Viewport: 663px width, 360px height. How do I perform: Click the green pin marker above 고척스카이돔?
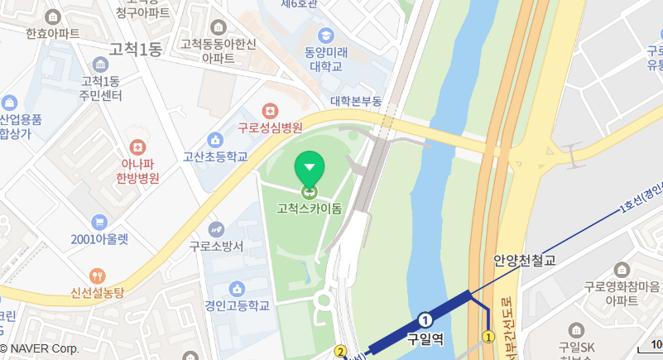pos(310,169)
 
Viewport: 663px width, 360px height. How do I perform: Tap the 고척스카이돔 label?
pos(310,209)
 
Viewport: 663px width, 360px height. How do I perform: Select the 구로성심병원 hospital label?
pos(270,128)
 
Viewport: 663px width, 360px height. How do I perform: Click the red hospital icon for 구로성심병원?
pos(269,111)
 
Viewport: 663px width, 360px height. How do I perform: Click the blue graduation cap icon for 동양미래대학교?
pos(327,36)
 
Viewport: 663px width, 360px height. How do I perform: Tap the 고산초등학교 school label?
pos(215,156)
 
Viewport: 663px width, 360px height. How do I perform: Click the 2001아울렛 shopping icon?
pos(99,222)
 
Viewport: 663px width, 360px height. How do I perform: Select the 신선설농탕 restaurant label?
pos(97,293)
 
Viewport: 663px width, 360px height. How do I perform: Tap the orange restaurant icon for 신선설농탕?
pos(98,276)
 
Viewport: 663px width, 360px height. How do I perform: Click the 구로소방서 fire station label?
pos(216,246)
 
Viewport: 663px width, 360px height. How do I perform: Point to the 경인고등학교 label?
pos(238,305)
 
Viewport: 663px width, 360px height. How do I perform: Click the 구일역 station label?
pos(425,338)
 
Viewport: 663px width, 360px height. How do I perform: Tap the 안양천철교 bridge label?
pos(524,260)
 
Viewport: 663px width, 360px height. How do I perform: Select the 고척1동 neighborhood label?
pos(135,50)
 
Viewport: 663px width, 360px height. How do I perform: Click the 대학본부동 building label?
pos(356,101)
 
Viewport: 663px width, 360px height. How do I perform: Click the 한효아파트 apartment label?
pos(53,34)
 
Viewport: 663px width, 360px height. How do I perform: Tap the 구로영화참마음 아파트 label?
pos(622,294)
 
